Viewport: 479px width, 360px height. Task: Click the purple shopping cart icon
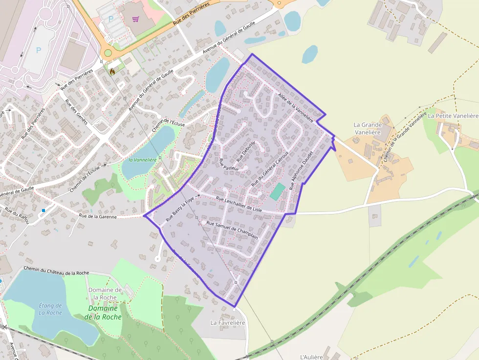click(x=135, y=19)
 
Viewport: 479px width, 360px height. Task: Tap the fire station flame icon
click(x=112, y=71)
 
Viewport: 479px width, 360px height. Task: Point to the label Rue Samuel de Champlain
click(x=232, y=230)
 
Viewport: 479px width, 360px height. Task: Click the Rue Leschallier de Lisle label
click(x=239, y=204)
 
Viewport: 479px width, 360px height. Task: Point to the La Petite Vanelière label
click(x=453, y=116)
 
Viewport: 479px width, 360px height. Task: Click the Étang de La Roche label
click(x=50, y=309)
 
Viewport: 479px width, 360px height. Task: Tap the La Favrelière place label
click(x=227, y=323)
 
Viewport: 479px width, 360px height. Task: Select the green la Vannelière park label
click(x=142, y=160)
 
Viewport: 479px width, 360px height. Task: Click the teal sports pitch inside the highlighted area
click(x=277, y=191)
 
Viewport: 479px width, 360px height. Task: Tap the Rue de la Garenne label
click(x=98, y=215)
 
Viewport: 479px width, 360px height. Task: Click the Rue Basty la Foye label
click(x=180, y=210)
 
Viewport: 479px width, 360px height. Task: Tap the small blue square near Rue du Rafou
click(x=44, y=211)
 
